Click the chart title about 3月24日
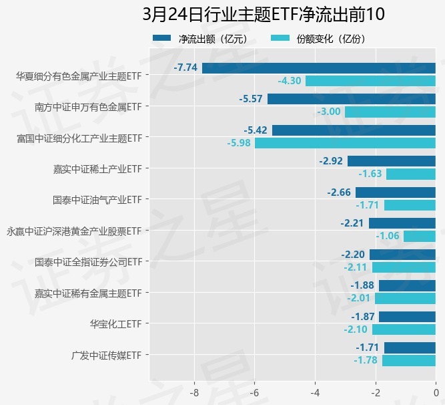pos(264,15)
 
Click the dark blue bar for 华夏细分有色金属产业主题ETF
pos(319,67)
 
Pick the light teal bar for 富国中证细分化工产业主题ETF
pos(345,143)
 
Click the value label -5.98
pos(238,143)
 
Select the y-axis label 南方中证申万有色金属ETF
pos(88,106)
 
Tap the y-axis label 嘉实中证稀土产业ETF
pos(97,168)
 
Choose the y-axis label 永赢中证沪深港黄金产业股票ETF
pos(73,231)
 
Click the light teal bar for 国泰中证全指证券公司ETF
pos(404,267)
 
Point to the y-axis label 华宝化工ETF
pos(116,324)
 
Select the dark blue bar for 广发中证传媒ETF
pos(410,348)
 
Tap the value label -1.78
pos(366,361)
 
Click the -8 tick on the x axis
pos(194,392)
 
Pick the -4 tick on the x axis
pos(315,392)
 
